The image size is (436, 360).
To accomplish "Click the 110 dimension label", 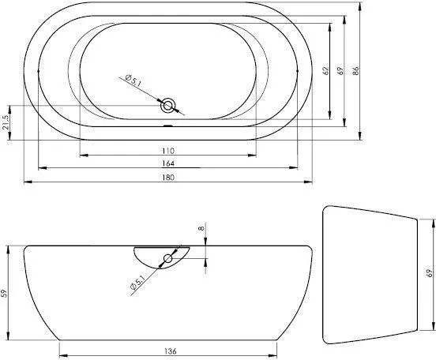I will pos(167,150).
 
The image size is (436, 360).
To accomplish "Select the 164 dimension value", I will pos(167,163).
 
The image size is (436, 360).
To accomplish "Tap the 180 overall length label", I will pos(167,178).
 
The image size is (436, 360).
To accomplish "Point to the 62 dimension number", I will pos(325,72).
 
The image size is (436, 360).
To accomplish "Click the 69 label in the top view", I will pos(340,72).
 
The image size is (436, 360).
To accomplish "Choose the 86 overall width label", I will pos(356,72).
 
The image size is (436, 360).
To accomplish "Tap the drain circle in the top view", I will pos(168,104).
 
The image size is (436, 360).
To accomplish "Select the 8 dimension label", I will pos(202,228).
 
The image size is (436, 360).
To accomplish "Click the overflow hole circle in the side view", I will pos(168,259).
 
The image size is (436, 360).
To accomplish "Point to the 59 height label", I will pos(6,294).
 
